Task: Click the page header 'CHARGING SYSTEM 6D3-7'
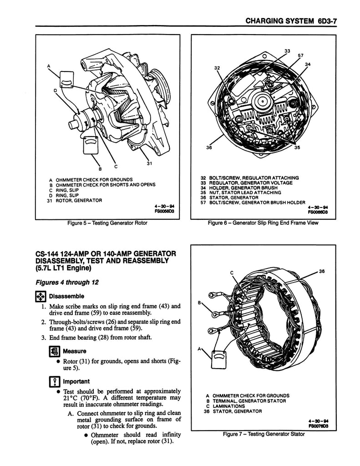pyautogui.click(x=291, y=21)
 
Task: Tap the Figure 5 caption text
pyautogui.click(x=107, y=223)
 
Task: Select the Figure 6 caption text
pyautogui.click(x=263, y=223)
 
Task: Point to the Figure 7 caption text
pyautogui.click(x=264, y=434)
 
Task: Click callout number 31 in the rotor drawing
pyautogui.click(x=150, y=163)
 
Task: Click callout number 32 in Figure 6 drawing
pyautogui.click(x=217, y=68)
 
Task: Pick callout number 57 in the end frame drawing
pyautogui.click(x=300, y=56)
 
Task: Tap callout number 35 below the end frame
pyautogui.click(x=297, y=147)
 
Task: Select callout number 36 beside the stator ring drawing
pyautogui.click(x=322, y=271)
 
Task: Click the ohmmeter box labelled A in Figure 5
pyautogui.click(x=66, y=80)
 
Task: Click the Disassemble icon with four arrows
pyautogui.click(x=41, y=296)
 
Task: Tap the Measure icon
pyautogui.click(x=55, y=351)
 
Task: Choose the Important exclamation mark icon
pyautogui.click(x=55, y=381)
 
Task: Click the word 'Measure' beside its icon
pyautogui.click(x=75, y=351)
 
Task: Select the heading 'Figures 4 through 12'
pyautogui.click(x=67, y=282)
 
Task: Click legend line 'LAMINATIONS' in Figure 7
pyautogui.click(x=229, y=406)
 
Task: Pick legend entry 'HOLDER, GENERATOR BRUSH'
pyautogui.click(x=243, y=188)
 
